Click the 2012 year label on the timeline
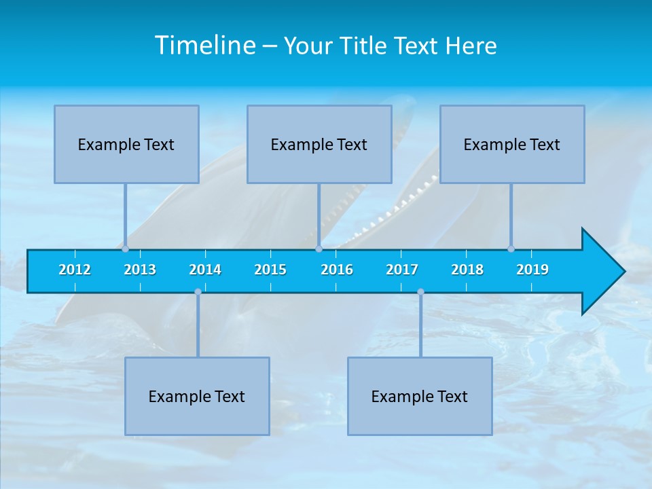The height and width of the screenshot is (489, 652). [75, 270]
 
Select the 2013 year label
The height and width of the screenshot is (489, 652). [140, 270]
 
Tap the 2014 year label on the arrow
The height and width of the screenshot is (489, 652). [205, 270]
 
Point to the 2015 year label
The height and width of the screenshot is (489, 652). [270, 270]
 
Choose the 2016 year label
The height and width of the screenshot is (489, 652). [337, 270]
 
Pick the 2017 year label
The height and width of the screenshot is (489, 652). [402, 270]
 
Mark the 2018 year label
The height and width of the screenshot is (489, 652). [467, 270]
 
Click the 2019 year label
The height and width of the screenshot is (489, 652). [532, 270]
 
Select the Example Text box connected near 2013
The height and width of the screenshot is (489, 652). [126, 144]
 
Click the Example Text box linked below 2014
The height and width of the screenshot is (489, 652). [197, 396]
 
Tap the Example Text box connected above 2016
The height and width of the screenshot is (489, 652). [319, 144]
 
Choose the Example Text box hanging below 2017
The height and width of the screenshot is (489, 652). [420, 396]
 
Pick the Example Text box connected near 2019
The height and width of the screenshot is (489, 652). [512, 144]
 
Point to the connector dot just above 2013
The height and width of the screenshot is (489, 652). [126, 249]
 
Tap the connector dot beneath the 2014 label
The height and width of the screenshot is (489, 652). [198, 292]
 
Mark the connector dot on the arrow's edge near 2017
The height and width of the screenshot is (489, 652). [420, 292]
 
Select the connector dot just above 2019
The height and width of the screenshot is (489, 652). [511, 249]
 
